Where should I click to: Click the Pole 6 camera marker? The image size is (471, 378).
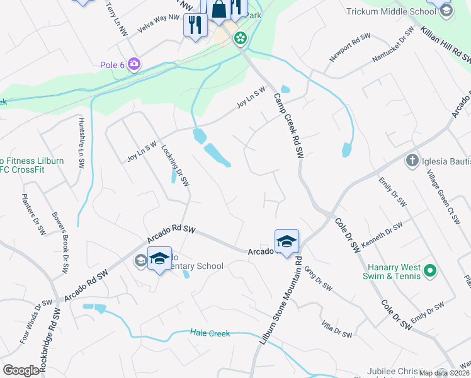pos(133,64)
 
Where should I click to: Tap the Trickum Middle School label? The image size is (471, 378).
pos(390,11)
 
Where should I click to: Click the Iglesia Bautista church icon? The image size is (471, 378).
pos(412,160)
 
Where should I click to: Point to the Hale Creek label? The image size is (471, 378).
pos(210,333)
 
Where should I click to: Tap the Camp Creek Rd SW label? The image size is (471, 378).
pos(289,125)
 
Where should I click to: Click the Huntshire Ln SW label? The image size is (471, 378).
pos(81,142)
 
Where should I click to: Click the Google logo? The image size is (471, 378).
pos(21,370)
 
